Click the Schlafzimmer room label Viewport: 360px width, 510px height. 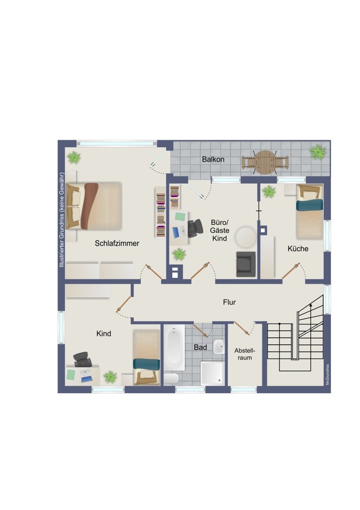tap(117, 243)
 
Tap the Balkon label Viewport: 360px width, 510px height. tap(213, 159)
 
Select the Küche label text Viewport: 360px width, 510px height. tap(298, 249)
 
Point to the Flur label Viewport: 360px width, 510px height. tap(229, 302)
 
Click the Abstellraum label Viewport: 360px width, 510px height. tap(245, 354)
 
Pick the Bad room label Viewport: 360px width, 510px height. tap(200, 347)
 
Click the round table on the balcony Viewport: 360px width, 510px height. tap(265, 162)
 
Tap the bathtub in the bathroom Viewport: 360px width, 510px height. tap(174, 347)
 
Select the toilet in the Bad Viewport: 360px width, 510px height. tap(171, 378)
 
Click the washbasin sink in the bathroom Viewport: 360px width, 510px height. tap(219, 346)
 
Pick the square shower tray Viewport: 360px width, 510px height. tap(212, 373)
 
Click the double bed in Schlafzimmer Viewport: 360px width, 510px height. tap(94, 206)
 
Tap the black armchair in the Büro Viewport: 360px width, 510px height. tap(246, 264)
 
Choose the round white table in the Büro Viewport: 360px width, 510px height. tap(246, 237)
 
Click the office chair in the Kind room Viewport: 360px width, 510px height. tap(82, 360)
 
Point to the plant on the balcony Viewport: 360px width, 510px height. tap(318, 152)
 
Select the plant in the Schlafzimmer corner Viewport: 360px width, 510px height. tap(74, 158)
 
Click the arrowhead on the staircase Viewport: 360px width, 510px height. tap(311, 305)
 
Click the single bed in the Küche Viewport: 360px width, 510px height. tap(310, 212)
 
